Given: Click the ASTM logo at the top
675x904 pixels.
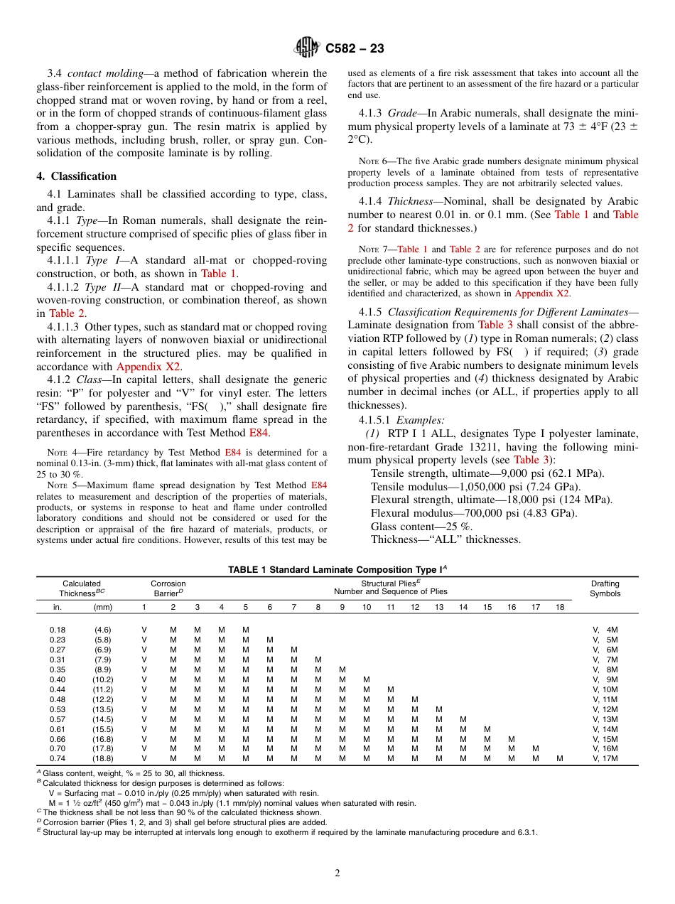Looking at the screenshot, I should (308, 48).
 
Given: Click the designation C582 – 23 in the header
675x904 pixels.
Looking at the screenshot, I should (355, 48).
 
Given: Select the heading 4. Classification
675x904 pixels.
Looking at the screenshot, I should (77, 176).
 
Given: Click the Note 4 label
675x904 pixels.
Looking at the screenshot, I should (60, 452).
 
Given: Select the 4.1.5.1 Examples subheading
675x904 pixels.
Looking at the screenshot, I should (384, 420).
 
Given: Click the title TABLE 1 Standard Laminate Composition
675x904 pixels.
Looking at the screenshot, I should (337, 569).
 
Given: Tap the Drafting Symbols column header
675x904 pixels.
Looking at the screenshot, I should (605, 588).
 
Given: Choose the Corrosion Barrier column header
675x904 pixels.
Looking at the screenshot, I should (169, 588).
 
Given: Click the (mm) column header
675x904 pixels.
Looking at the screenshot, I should (103, 607).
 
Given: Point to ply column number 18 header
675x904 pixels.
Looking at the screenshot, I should (560, 607).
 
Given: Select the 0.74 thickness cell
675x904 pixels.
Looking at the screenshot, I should (58, 758).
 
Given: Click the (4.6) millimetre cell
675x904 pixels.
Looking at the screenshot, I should (103, 630).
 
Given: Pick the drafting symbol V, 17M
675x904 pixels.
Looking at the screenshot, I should (605, 758).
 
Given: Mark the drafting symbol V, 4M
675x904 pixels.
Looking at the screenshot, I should (605, 630).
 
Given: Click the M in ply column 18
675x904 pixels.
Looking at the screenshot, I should (560, 758).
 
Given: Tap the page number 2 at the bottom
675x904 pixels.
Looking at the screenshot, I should (337, 873).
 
